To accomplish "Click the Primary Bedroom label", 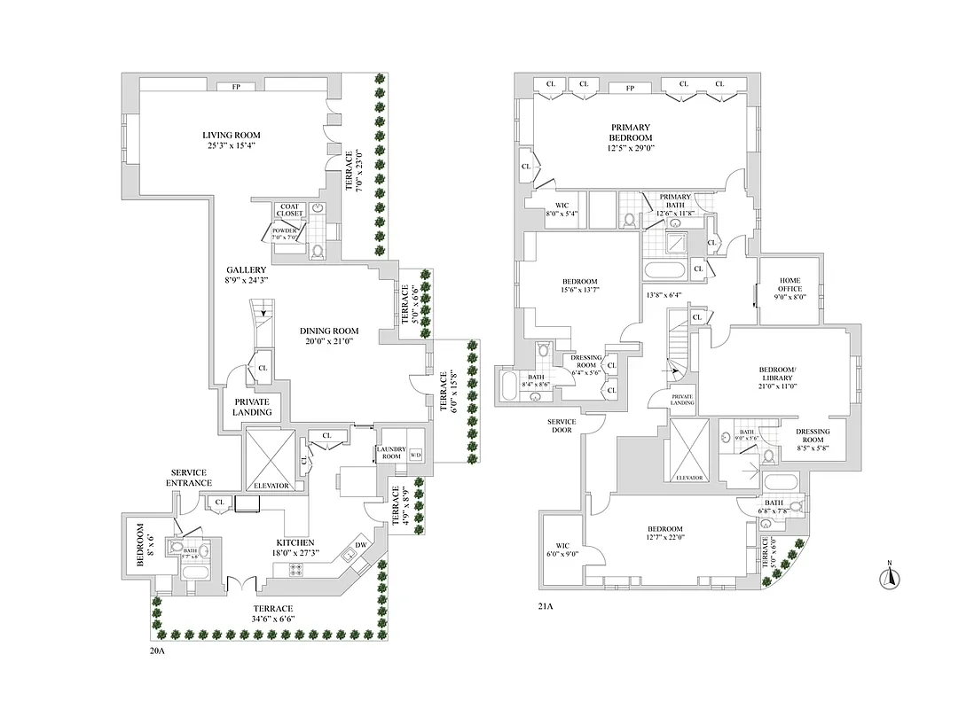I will [x=631, y=132].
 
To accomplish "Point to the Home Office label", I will [x=790, y=283].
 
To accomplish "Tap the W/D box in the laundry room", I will [x=416, y=455].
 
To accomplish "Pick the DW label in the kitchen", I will [x=360, y=544].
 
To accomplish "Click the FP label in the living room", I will [x=236, y=87].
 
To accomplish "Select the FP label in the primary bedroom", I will [x=631, y=88].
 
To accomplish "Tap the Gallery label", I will [x=247, y=269].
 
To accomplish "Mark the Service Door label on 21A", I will [x=563, y=426].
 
